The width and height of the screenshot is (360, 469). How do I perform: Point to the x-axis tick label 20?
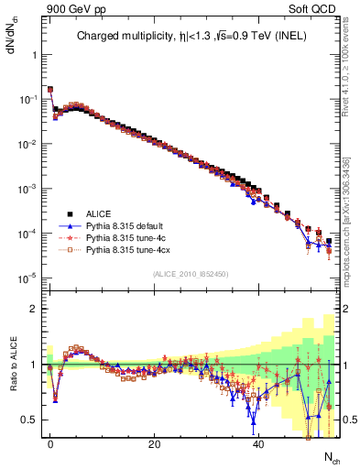pos(155,443)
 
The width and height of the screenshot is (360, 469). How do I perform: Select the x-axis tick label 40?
pos(258,443)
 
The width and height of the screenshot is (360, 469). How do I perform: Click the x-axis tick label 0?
pos(50,443)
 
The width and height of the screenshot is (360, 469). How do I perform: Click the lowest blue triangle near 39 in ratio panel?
pos(253,422)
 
